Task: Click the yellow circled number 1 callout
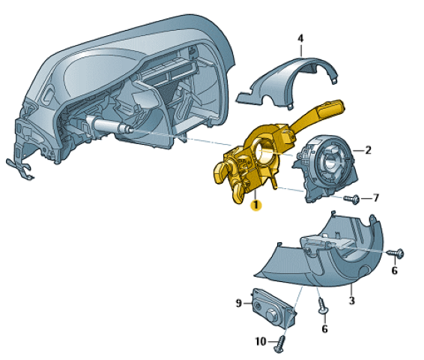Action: (x=255, y=205)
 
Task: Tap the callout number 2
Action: (x=368, y=150)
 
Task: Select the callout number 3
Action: (x=351, y=300)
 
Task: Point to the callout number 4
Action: (x=300, y=38)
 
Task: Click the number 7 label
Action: (x=376, y=198)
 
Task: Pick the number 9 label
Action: (x=238, y=303)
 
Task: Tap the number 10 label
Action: (x=261, y=341)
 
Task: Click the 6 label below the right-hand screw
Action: (x=395, y=270)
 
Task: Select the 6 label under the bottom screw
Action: (x=324, y=328)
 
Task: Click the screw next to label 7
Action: (x=352, y=199)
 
